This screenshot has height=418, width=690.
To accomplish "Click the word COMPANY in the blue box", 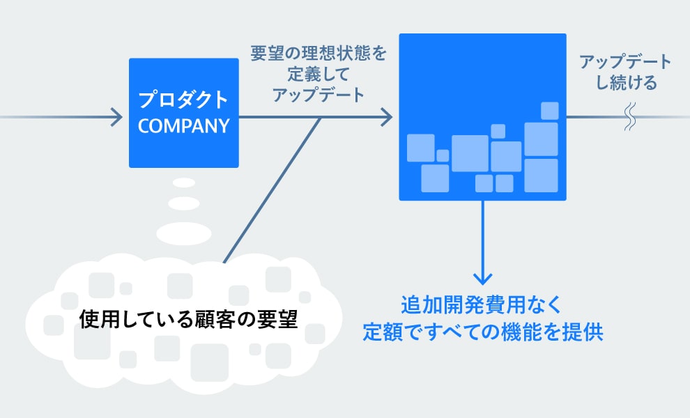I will [183, 126].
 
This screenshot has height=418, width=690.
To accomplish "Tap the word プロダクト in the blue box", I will [183, 100].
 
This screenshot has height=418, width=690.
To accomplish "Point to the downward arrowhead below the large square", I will [482, 274].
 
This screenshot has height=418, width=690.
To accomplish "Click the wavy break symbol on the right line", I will [630, 117].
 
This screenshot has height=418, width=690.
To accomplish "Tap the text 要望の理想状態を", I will [319, 53].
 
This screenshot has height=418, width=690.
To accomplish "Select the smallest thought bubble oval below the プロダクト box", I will [184, 183].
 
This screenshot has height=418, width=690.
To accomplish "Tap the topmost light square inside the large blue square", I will [550, 111].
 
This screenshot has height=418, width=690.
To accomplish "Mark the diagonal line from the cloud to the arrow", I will [272, 191].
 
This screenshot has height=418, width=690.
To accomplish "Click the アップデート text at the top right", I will [626, 61].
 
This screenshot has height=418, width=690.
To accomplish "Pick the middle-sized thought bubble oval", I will [184, 203].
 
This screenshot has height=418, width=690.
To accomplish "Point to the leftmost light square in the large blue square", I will [420, 148].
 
